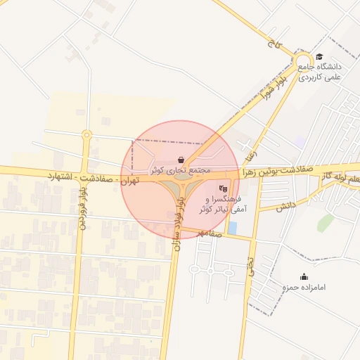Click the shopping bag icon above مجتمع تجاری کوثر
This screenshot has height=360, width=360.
pyautogui.click(x=182, y=160)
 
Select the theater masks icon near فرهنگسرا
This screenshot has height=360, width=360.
pyautogui.click(x=223, y=188)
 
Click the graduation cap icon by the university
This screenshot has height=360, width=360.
pyautogui.click(x=319, y=57)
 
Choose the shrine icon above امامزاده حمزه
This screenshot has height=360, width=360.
pyautogui.click(x=303, y=276)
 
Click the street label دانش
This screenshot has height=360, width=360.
pyautogui.click(x=284, y=207)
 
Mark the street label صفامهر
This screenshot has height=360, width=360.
pyautogui.click(x=209, y=233)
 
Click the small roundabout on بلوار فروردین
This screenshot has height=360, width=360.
pyautogui.click(x=86, y=134)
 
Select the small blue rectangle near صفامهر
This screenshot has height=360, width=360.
pyautogui.click(x=233, y=228)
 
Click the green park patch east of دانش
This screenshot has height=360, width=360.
pyautogui.click(x=324, y=224)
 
